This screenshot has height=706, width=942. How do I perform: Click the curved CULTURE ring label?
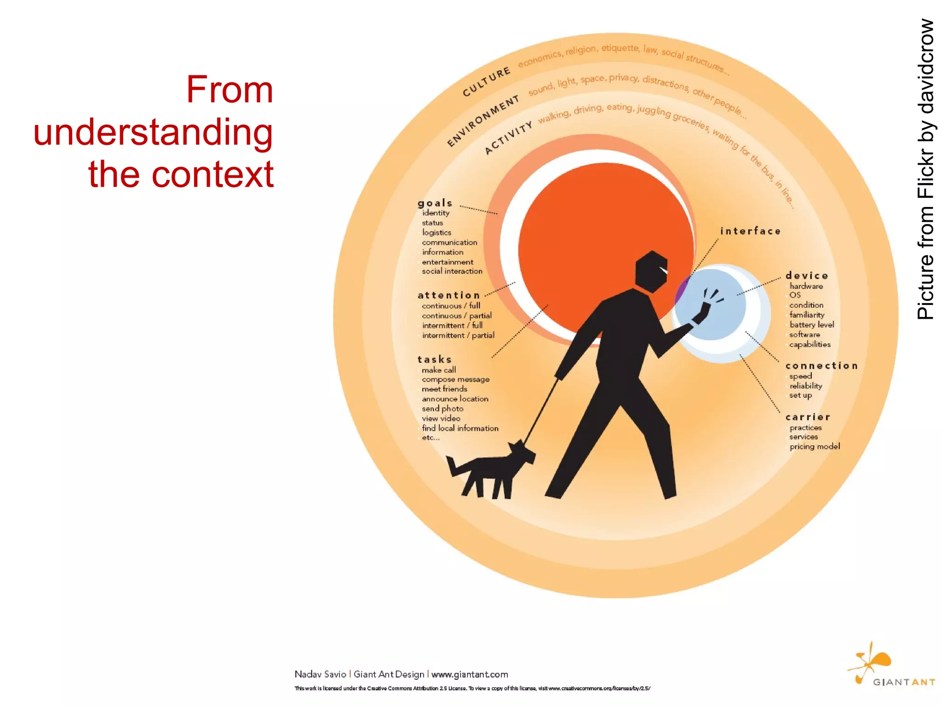pos(486,82)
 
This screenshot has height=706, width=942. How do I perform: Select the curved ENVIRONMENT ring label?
pos(483,121)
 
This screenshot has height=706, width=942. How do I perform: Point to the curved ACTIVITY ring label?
pos(508,138)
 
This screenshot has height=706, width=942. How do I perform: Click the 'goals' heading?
pos(435,203)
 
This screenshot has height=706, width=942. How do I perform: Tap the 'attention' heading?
pos(448,295)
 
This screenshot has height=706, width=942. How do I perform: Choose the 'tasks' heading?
pos(435,359)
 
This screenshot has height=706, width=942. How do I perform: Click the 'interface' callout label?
pos(750,231)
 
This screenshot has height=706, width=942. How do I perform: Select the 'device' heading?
pos(807,276)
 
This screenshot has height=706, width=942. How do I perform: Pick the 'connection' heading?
pos(821,366)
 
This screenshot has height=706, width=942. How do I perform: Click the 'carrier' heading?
pos(808,417)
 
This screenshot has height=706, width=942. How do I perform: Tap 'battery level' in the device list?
pos(811,325)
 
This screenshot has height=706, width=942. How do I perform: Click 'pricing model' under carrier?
pos(815,447)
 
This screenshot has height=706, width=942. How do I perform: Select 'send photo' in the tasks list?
pos(442,408)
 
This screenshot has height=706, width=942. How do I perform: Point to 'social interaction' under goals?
pos(452,271)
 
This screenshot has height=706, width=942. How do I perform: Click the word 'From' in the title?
pos(230,90)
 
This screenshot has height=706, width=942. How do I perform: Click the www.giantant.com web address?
pos(470,674)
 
